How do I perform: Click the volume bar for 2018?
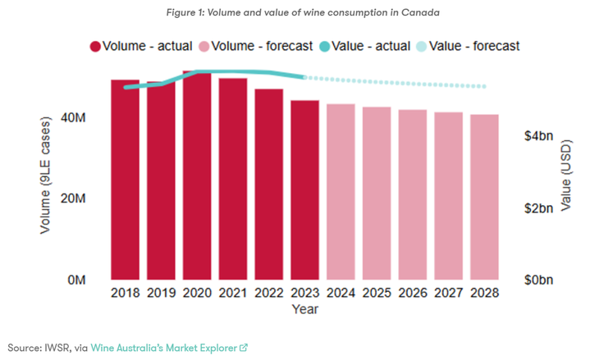[x=125, y=180]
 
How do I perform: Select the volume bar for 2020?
[x=197, y=175]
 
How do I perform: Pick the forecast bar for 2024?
[x=341, y=192]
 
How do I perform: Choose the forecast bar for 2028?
[x=484, y=197]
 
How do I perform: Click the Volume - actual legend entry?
[x=140, y=46]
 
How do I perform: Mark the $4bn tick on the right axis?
[x=539, y=136]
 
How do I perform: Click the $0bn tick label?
[x=539, y=280]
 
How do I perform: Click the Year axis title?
[x=304, y=309]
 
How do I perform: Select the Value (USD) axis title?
[x=566, y=175]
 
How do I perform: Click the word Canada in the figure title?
[x=419, y=13]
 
